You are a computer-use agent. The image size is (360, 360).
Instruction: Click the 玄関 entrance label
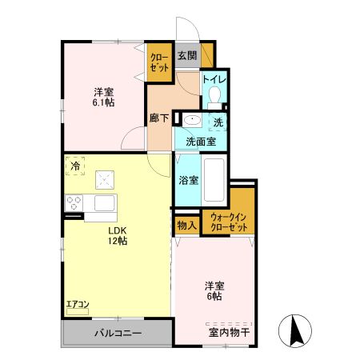tap(187, 56)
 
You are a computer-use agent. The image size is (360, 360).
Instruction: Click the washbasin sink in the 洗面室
tap(192, 122)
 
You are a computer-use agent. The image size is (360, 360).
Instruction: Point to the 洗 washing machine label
tap(218, 122)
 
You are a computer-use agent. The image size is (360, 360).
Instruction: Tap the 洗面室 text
tap(201, 141)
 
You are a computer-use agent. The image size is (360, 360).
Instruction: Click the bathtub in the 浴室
tap(214, 179)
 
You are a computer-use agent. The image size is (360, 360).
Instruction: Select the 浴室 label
tap(188, 180)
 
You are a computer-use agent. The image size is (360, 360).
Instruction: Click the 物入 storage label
tap(187, 225)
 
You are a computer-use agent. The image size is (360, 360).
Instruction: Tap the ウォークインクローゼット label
tap(230, 222)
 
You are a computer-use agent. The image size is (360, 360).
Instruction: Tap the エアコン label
tap(78, 303)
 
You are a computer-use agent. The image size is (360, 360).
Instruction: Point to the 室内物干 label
tap(230, 332)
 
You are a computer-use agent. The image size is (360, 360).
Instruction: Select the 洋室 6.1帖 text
tap(103, 96)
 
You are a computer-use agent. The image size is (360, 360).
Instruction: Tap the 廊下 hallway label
tap(159, 118)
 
